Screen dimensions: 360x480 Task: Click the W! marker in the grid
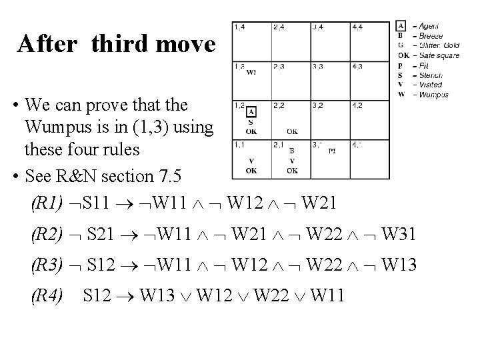click(251, 73)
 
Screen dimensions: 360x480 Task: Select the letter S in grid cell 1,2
click(251, 122)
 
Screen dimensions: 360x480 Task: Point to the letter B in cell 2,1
click(291, 151)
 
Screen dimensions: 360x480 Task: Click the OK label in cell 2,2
click(291, 131)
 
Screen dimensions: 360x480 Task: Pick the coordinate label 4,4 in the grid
click(357, 27)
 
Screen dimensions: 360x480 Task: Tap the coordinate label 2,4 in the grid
click(279, 27)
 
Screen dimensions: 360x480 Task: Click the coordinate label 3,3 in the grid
click(318, 66)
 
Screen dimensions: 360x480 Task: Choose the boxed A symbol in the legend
click(401, 25)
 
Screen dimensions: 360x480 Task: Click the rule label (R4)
click(47, 294)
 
